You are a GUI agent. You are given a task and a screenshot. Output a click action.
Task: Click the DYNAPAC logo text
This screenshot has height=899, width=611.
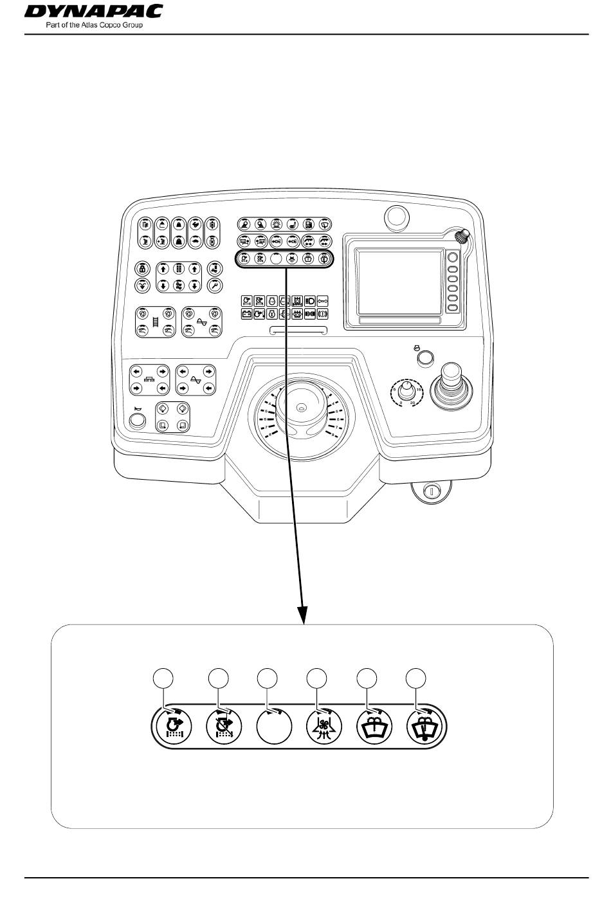(x=93, y=12)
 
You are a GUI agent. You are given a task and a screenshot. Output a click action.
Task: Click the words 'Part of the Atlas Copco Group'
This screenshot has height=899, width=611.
(x=93, y=26)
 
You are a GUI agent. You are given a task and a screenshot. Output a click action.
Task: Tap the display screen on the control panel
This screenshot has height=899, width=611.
(x=399, y=281)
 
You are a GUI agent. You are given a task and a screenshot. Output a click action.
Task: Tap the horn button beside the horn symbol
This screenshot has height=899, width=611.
(x=138, y=421)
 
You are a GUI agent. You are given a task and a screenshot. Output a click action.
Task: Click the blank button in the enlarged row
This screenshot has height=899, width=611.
(x=274, y=727)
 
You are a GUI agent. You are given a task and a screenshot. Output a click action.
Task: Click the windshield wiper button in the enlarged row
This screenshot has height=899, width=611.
(x=424, y=727)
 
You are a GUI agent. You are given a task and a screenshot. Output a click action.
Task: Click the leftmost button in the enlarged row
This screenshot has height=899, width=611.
(x=174, y=727)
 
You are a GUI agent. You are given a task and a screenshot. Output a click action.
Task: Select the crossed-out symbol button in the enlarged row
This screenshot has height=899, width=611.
(x=224, y=727)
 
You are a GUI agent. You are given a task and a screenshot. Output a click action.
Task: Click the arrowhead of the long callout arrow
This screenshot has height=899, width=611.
(x=303, y=616)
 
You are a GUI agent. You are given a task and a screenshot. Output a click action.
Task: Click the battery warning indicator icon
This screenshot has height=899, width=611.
(x=246, y=314)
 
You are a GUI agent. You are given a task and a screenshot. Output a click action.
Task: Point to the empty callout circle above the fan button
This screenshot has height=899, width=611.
(x=316, y=677)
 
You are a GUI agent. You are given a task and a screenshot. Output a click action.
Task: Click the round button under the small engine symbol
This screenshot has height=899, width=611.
(x=424, y=358)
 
